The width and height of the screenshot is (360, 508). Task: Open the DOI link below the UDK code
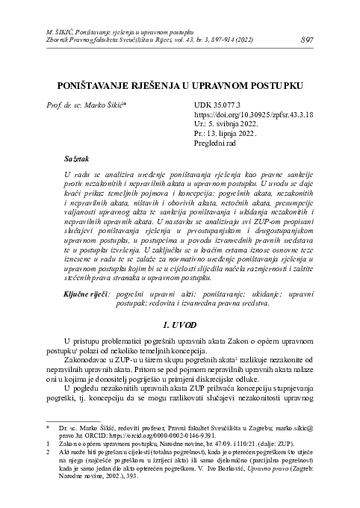[x=252, y=116]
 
